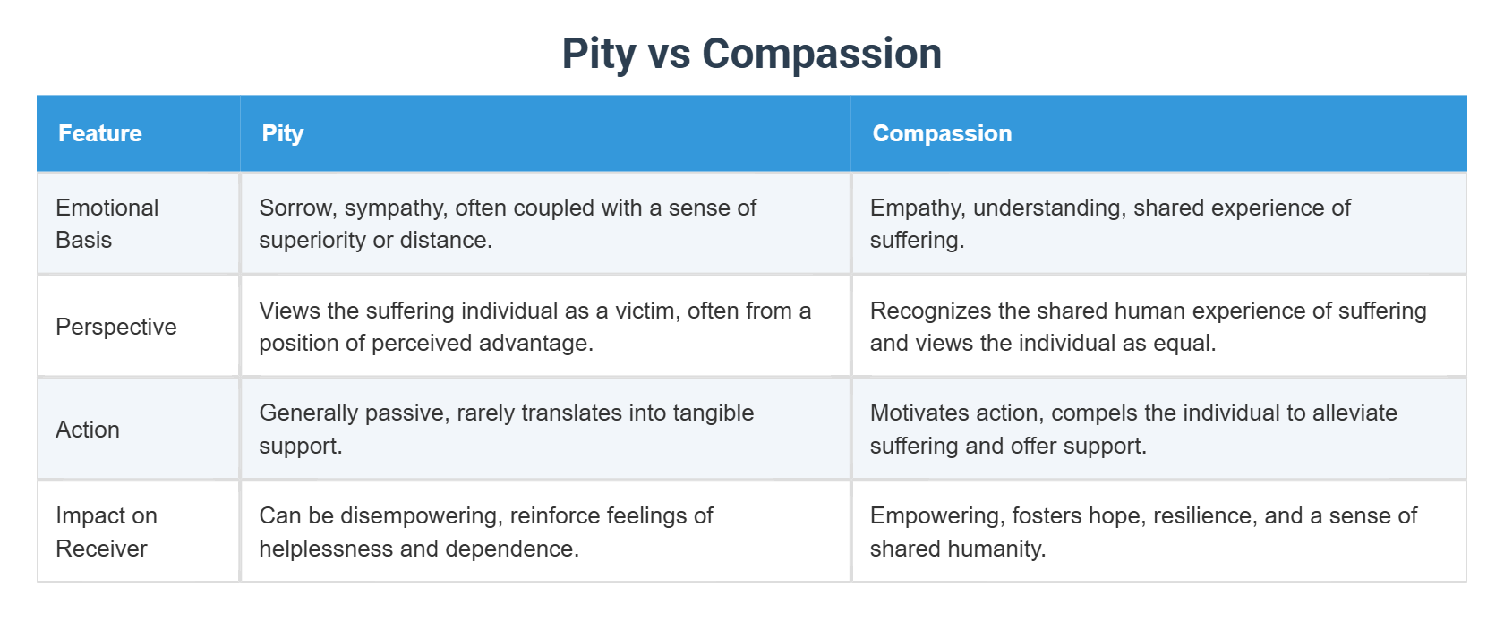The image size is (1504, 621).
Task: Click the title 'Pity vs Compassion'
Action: point(751,54)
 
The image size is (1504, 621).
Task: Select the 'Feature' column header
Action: point(100,133)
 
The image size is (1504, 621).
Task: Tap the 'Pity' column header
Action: point(283,133)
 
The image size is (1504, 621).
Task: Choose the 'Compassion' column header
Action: point(942,133)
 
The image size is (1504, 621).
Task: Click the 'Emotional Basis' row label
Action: point(107,224)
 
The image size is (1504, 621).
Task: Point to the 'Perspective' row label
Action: point(115,327)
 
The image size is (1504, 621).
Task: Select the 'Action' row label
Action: point(88,430)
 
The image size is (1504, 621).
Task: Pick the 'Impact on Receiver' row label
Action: point(106,532)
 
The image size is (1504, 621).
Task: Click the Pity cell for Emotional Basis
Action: point(507,224)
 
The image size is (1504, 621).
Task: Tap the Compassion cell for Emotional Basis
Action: point(1109,224)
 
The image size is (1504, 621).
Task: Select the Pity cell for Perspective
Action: point(534,327)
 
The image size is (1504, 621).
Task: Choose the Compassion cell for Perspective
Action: point(1148,327)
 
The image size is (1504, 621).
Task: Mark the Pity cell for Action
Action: point(506,430)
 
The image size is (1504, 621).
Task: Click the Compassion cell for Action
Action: point(1132,430)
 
